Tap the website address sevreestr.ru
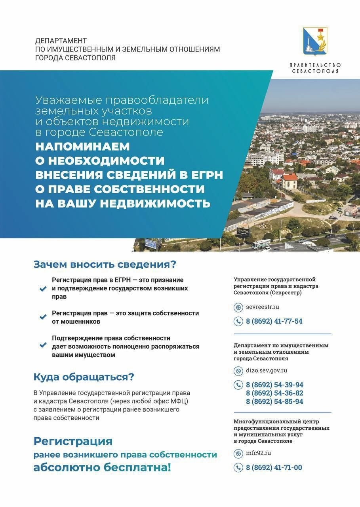click(263, 307)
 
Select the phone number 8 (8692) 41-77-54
click(274, 321)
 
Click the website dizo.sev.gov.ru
click(267, 371)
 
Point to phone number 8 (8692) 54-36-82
click(274, 393)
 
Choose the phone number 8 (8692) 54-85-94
click(274, 401)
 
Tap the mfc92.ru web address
click(259, 453)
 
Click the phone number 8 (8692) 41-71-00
click(274, 467)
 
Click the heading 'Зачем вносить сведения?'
click(105, 264)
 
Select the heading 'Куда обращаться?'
click(84, 377)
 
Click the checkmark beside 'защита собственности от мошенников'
click(43, 317)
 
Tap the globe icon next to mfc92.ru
click(238, 454)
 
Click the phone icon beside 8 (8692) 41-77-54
click(238, 321)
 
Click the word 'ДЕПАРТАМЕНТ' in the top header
click(61, 41)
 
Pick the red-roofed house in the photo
click(288, 180)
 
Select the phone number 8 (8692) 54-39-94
click(274, 385)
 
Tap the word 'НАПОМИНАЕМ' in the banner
click(82, 146)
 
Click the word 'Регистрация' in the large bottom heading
click(73, 441)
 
